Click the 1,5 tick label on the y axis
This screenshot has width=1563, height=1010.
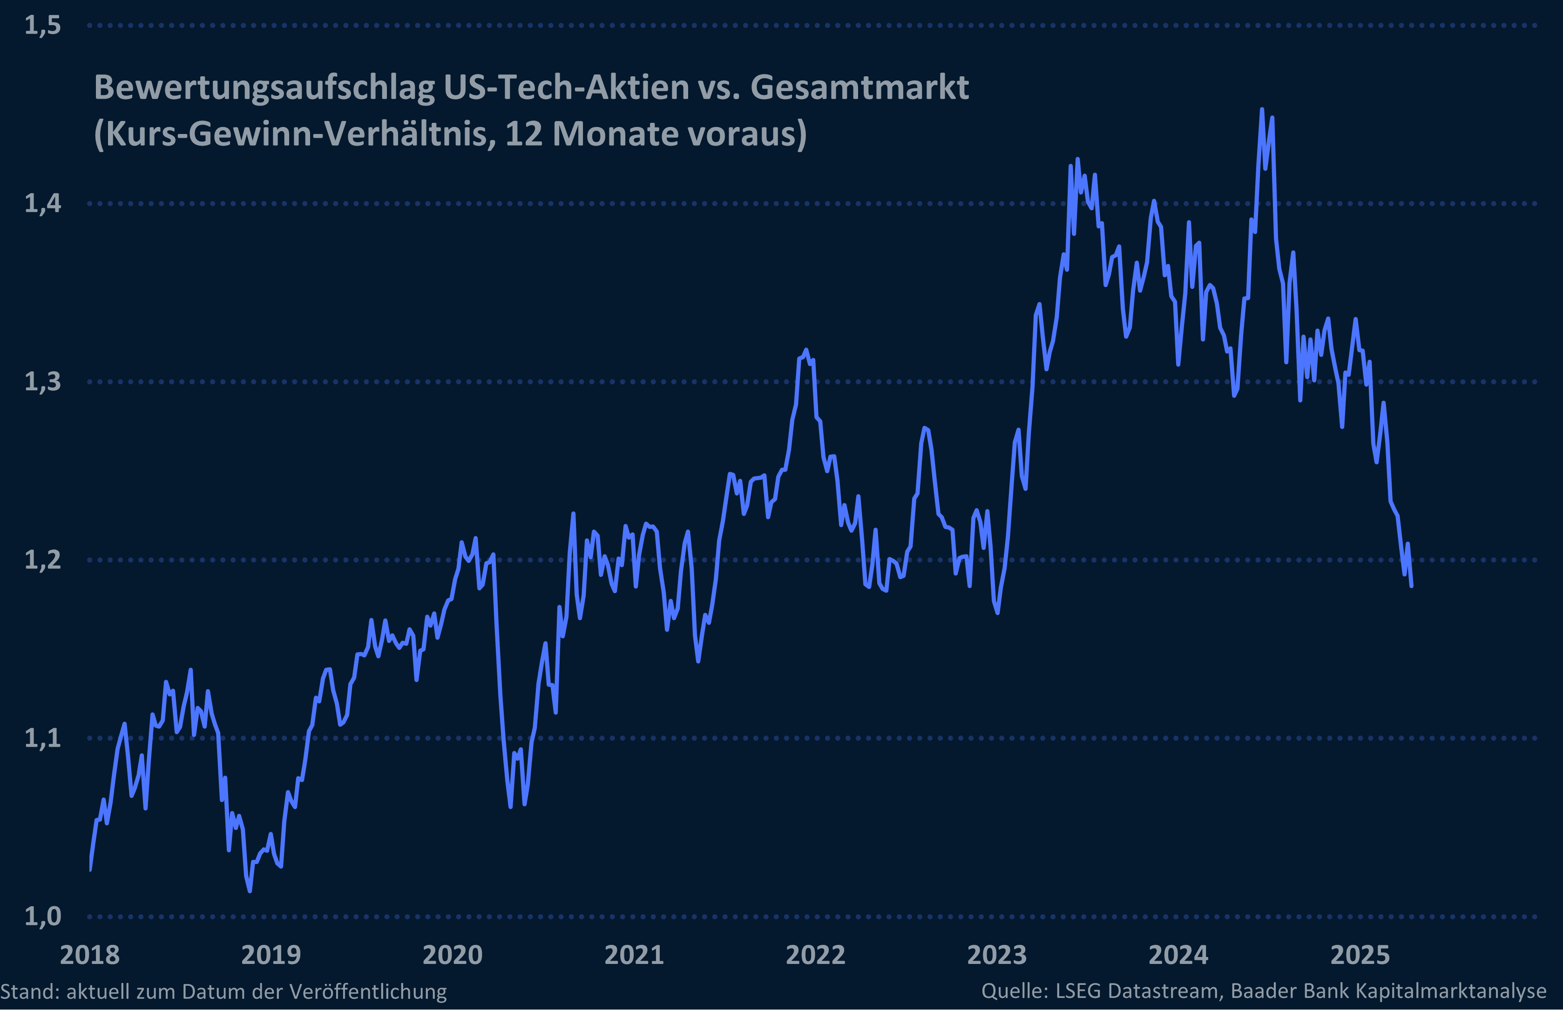pyautogui.click(x=43, y=26)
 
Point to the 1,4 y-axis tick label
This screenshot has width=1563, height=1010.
pyautogui.click(x=43, y=203)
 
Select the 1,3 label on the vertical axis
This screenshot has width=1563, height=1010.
pyautogui.click(x=43, y=381)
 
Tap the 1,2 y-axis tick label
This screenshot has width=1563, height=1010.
pyautogui.click(x=43, y=560)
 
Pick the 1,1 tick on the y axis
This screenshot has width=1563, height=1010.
pyautogui.click(x=43, y=738)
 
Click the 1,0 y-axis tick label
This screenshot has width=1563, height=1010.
pyautogui.click(x=43, y=916)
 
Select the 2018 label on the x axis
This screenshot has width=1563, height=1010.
pyautogui.click(x=90, y=956)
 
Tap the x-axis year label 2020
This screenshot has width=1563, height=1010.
pyautogui.click(x=453, y=956)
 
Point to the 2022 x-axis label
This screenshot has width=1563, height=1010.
pyautogui.click(x=816, y=956)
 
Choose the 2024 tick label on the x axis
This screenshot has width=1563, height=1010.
pyautogui.click(x=1178, y=956)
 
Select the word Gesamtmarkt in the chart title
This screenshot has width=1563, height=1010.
pyautogui.click(x=859, y=87)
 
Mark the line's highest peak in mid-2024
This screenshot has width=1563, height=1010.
pyautogui.click(x=1262, y=109)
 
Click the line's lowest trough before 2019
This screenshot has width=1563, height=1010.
pyautogui.click(x=250, y=890)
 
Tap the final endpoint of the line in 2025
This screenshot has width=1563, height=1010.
pyautogui.click(x=1411, y=586)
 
